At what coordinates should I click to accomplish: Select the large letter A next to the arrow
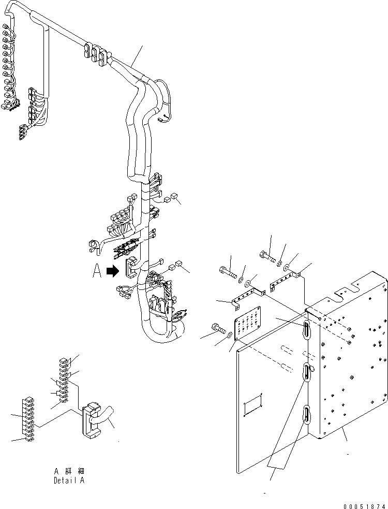[97, 271]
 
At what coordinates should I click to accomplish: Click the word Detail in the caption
[65, 480]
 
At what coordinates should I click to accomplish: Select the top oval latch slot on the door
[306, 328]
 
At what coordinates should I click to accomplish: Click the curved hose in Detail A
[109, 416]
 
